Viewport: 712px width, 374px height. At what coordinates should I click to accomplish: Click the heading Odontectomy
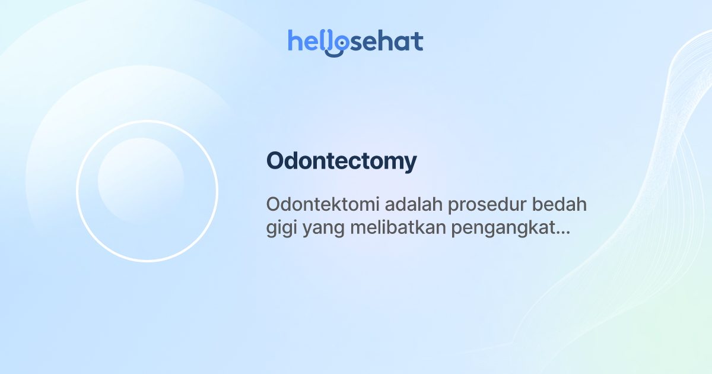coord(341,161)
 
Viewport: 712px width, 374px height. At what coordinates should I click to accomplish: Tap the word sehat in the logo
coord(386,42)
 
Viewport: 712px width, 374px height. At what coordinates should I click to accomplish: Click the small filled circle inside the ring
coord(141,180)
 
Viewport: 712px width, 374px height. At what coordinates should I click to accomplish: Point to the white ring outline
coord(77,191)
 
